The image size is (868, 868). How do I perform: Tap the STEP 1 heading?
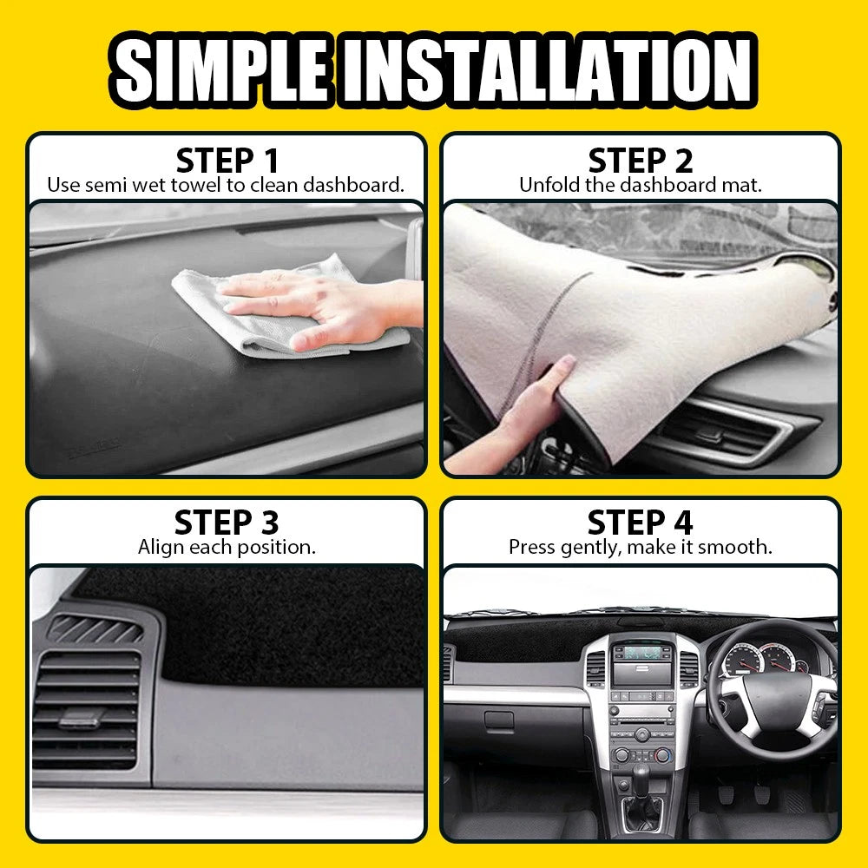(227, 161)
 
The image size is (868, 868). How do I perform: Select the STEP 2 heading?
(641, 161)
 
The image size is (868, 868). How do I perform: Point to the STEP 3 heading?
(227, 523)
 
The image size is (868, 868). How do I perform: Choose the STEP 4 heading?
(641, 523)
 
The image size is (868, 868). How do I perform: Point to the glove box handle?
(498, 720)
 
